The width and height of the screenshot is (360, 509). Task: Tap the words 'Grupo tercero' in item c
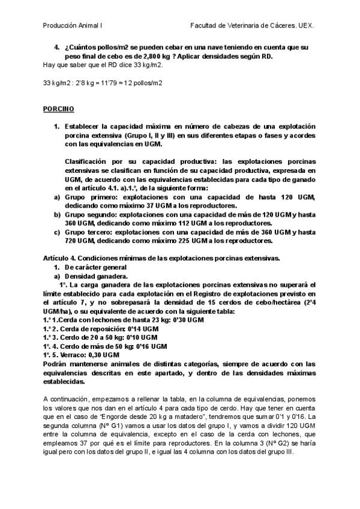tap(90, 232)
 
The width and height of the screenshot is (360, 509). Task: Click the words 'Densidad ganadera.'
tap(93, 277)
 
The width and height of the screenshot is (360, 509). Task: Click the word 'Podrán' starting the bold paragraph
tap(56, 364)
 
